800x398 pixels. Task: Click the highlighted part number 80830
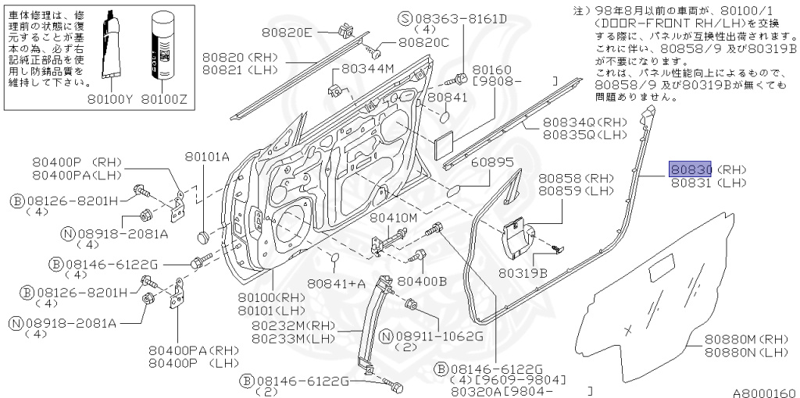[x=688, y=168]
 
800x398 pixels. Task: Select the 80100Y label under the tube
[x=109, y=99]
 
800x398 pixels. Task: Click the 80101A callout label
[x=207, y=157]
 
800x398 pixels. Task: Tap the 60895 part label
[x=492, y=162]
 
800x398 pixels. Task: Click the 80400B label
[x=422, y=280]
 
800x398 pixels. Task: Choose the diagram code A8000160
[x=764, y=393]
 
